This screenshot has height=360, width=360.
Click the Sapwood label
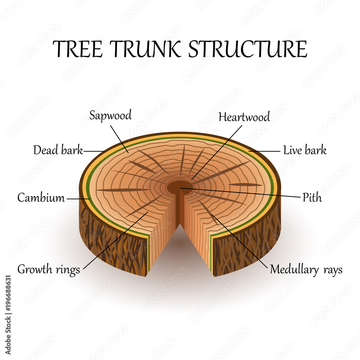tap(111, 116)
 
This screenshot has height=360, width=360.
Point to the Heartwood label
tap(244, 117)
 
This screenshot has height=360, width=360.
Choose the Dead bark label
tap(58, 150)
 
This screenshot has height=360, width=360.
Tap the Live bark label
tap(305, 150)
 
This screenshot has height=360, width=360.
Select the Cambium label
tap(41, 198)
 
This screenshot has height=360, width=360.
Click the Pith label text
tap(312, 198)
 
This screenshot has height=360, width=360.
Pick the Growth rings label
tap(49, 270)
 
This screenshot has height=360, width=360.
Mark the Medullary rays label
tap(306, 269)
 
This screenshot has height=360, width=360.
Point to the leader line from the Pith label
tap(245, 193)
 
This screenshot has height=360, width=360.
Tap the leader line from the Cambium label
tap(77, 198)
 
